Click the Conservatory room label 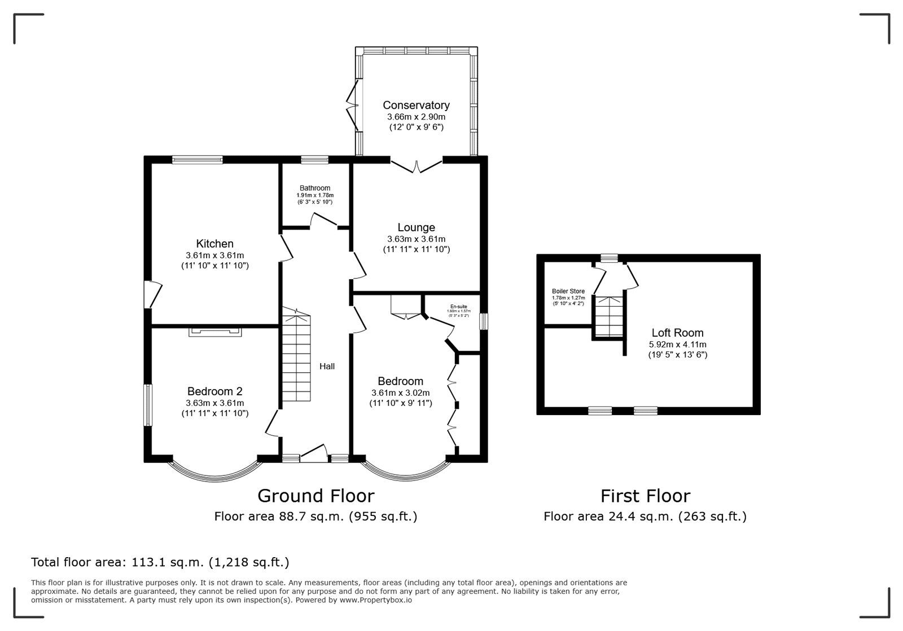click(416, 105)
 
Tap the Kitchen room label click(214, 244)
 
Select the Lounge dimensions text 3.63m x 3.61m click(416, 239)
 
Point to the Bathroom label click(315, 188)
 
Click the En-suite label click(458, 306)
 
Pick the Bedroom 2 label click(214, 391)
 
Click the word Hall click(327, 367)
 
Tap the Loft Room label click(677, 333)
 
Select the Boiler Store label click(568, 292)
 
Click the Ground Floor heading click(315, 496)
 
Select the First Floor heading click(645, 496)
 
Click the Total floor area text click(160, 562)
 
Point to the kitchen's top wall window click(197, 160)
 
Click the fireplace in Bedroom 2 click(215, 332)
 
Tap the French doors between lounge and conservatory click(416, 166)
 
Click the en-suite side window click(484, 321)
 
